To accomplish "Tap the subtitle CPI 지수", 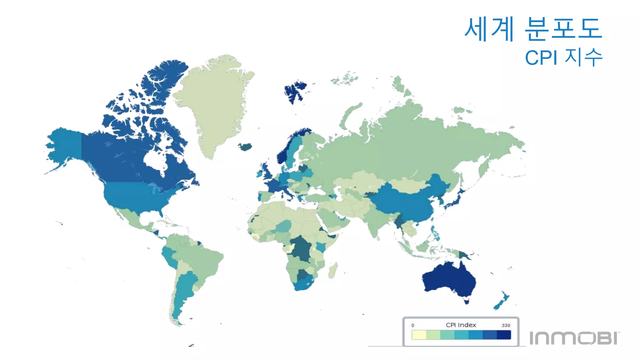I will (563, 57).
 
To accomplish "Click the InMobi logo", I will (574, 338).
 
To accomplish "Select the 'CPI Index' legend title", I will (461, 325).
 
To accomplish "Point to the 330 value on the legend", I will (506, 325).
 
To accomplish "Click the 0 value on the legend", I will (413, 325).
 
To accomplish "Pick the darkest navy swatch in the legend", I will (504, 335).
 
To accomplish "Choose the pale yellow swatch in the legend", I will (419, 335).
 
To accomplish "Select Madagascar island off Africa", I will (333, 270).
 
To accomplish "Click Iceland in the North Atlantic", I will (246, 147).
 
